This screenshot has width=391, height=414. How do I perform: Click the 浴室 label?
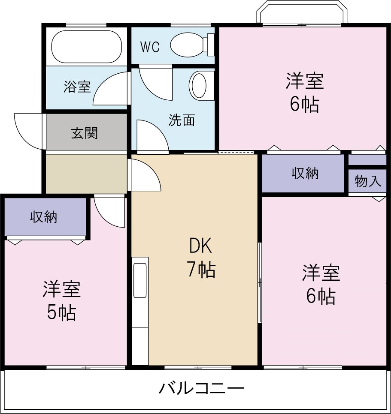(77, 87)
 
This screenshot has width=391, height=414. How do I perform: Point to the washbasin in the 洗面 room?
(200, 86)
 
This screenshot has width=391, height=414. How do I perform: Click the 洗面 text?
(181, 120)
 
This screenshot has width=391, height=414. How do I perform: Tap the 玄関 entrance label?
(84, 133)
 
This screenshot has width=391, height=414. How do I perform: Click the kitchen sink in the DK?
(140, 281)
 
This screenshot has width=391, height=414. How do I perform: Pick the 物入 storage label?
(368, 181)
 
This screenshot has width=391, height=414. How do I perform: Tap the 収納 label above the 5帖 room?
(43, 217)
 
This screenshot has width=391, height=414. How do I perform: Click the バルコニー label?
(201, 389)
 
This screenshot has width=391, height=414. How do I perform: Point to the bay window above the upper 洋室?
(302, 14)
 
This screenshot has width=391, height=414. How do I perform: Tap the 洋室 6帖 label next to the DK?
(321, 284)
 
